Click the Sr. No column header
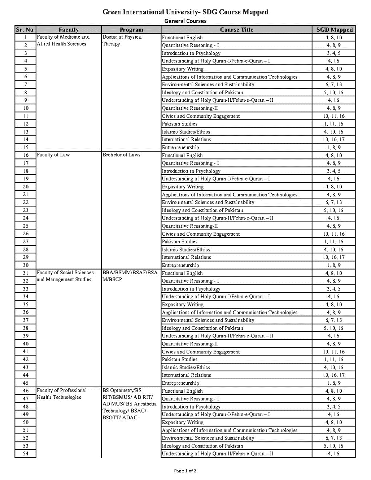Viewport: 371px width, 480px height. [x=25, y=30]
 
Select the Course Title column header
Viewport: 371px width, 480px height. [x=236, y=30]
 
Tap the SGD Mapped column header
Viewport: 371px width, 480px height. [x=334, y=30]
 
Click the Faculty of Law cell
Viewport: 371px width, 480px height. [x=53, y=155]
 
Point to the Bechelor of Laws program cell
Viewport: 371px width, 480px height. [x=121, y=155]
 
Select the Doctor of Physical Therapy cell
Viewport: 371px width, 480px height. [x=123, y=40]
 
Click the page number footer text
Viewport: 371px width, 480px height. [x=185, y=471]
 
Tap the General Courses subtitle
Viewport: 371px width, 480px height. [x=185, y=21]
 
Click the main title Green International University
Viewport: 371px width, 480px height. [x=185, y=12]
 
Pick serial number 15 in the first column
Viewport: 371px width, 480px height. [x=26, y=147]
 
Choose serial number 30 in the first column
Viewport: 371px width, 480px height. [x=26, y=265]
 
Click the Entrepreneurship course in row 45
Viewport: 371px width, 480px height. [x=180, y=383]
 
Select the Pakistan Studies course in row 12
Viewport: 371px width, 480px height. [x=180, y=124]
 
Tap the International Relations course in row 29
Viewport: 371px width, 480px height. [x=186, y=257]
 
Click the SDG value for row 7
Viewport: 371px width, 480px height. [x=334, y=84]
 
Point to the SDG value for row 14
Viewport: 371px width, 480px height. [x=334, y=139]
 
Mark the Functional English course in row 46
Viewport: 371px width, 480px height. [x=182, y=391]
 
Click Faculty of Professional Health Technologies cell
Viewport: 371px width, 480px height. [x=62, y=394]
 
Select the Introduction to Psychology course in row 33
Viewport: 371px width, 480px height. [x=191, y=289]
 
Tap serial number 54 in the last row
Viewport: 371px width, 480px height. [x=26, y=454]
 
